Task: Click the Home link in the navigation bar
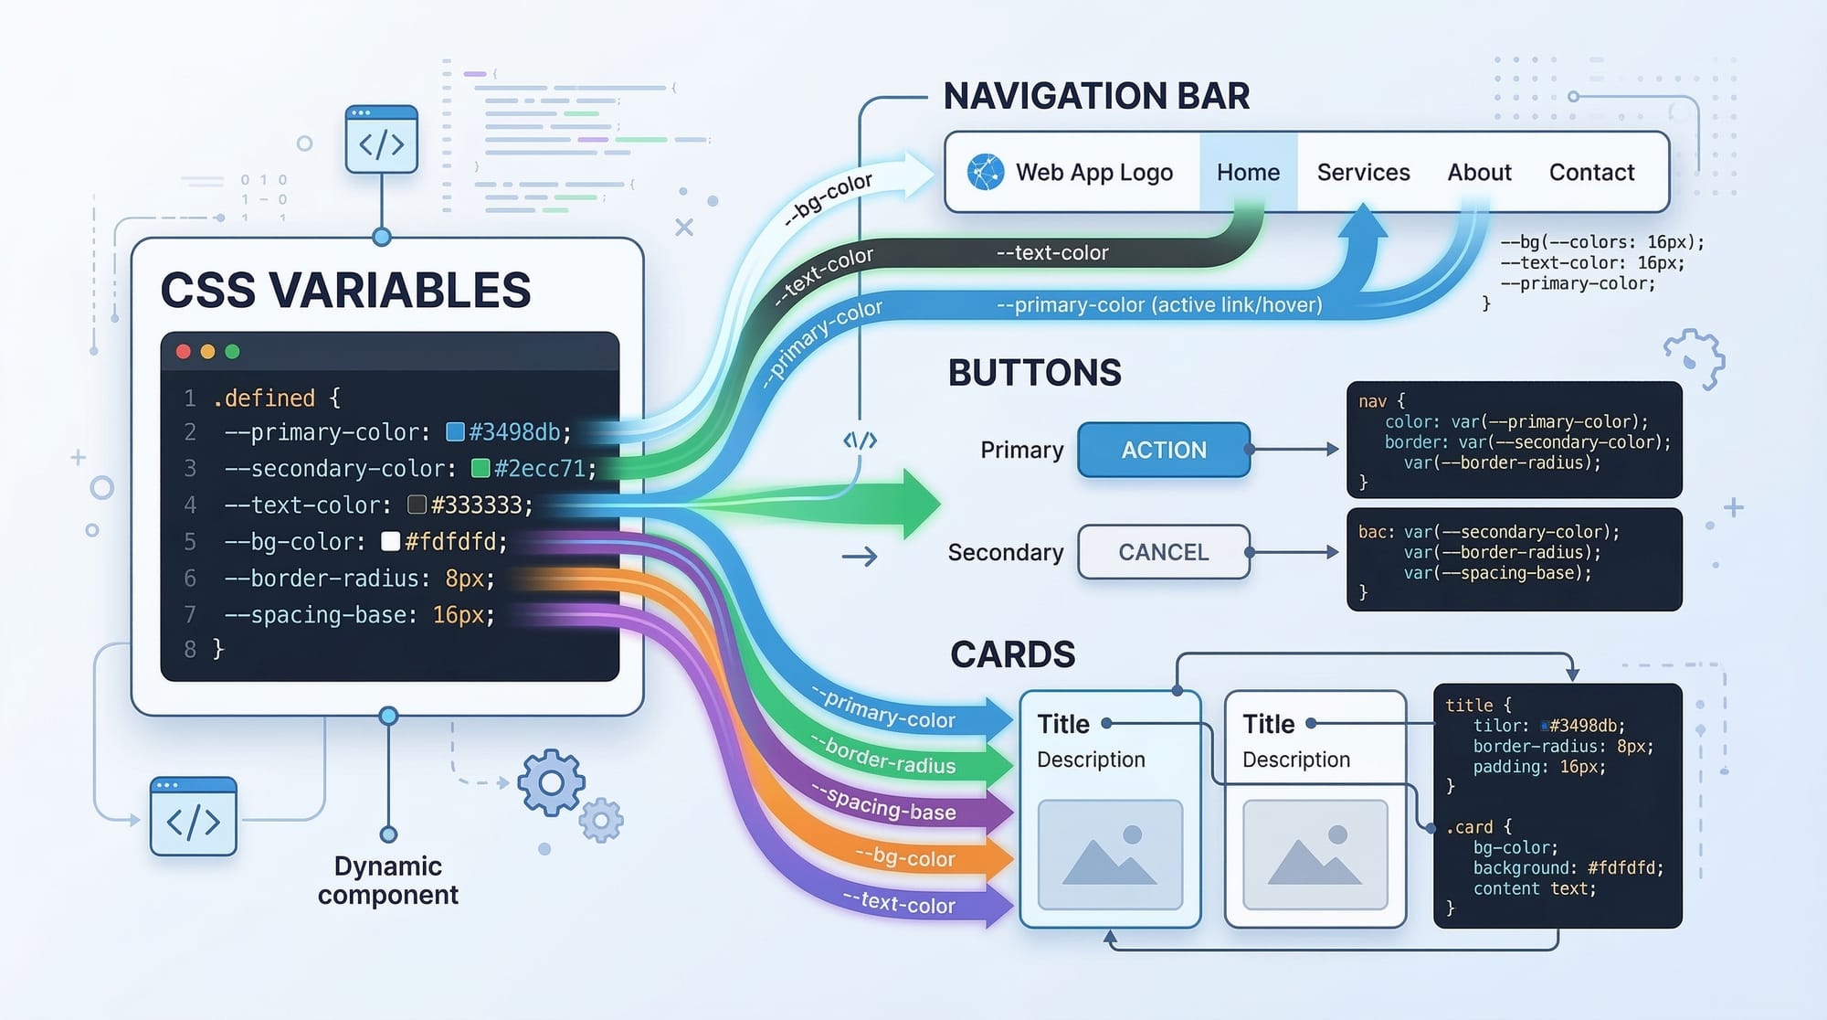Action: coord(1248,172)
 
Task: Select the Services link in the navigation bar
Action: coord(1363,172)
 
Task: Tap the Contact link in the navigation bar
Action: coord(1591,172)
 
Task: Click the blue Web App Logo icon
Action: coord(986,172)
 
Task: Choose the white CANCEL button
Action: coord(1163,552)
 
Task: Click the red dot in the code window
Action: coord(184,352)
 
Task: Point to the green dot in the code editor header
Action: coord(232,352)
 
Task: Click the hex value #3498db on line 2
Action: coord(519,431)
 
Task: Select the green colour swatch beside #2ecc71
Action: coord(481,469)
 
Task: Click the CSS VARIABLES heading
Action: coord(345,291)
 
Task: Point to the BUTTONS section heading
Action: coord(1034,373)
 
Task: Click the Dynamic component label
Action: coord(388,879)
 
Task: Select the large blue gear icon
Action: coord(551,783)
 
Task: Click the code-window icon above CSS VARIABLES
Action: coord(382,140)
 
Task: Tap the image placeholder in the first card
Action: coord(1110,855)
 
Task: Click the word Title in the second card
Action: coord(1269,724)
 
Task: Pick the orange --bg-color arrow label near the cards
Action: coord(905,857)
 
